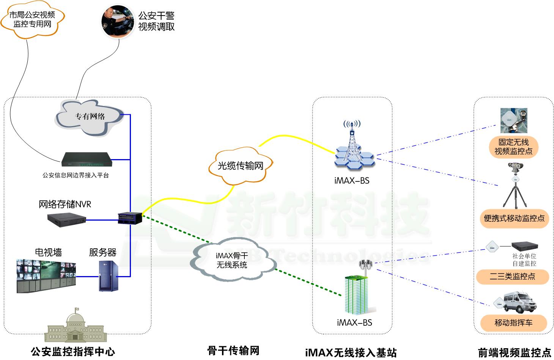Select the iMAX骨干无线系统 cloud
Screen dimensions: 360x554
[x=232, y=261]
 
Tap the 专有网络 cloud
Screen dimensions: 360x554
[x=90, y=117]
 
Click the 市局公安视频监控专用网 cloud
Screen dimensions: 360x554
[x=32, y=19]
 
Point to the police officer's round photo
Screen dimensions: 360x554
[x=118, y=21]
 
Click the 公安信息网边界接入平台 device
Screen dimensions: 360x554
[x=87, y=160]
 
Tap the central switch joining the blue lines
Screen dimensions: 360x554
[x=130, y=218]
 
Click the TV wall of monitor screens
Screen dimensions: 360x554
[x=46, y=275]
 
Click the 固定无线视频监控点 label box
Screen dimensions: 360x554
[x=513, y=147]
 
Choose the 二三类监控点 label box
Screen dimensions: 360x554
[x=513, y=276]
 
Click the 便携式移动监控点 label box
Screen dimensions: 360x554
[x=514, y=218]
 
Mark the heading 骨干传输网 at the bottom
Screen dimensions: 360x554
[x=233, y=351]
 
